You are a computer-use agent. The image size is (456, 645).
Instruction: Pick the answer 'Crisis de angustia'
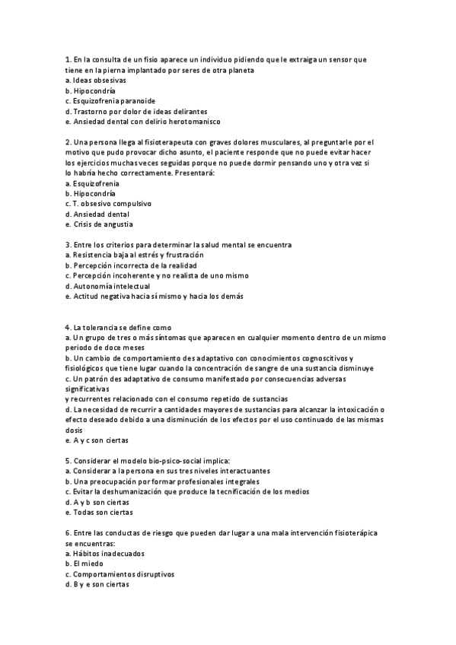103,224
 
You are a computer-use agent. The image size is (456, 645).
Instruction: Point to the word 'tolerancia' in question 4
98,327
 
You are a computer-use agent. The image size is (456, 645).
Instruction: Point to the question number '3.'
69,244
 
